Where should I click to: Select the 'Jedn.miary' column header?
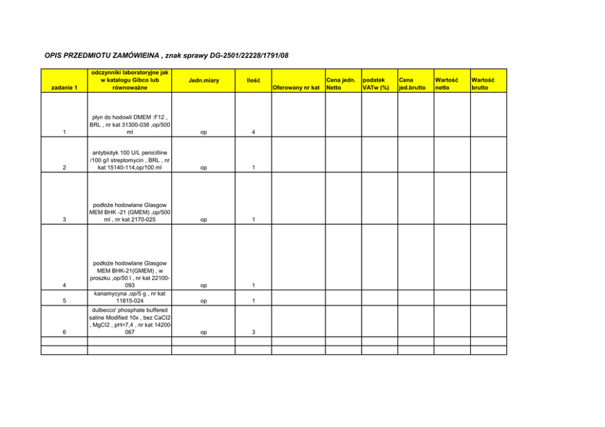[x=204, y=80]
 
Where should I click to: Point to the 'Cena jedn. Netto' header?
[x=342, y=83]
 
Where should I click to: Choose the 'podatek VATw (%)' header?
[x=376, y=83]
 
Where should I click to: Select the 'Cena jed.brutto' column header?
[x=412, y=83]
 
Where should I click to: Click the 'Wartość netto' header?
[x=446, y=83]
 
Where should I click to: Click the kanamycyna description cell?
[x=129, y=297]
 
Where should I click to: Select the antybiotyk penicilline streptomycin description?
[x=129, y=160]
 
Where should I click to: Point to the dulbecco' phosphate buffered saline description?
[x=129, y=321]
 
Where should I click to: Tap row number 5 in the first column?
[x=64, y=301]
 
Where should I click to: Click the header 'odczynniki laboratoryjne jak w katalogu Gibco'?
[x=129, y=80]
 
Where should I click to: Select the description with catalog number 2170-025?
[x=129, y=211]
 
